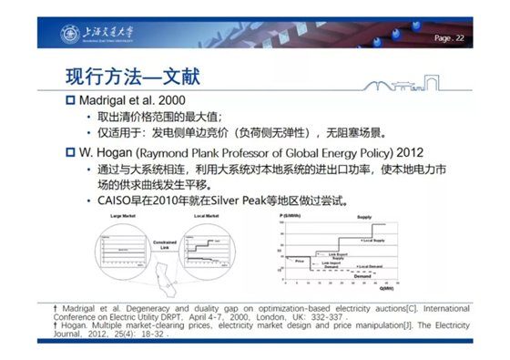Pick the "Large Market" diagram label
coord(122,215)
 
